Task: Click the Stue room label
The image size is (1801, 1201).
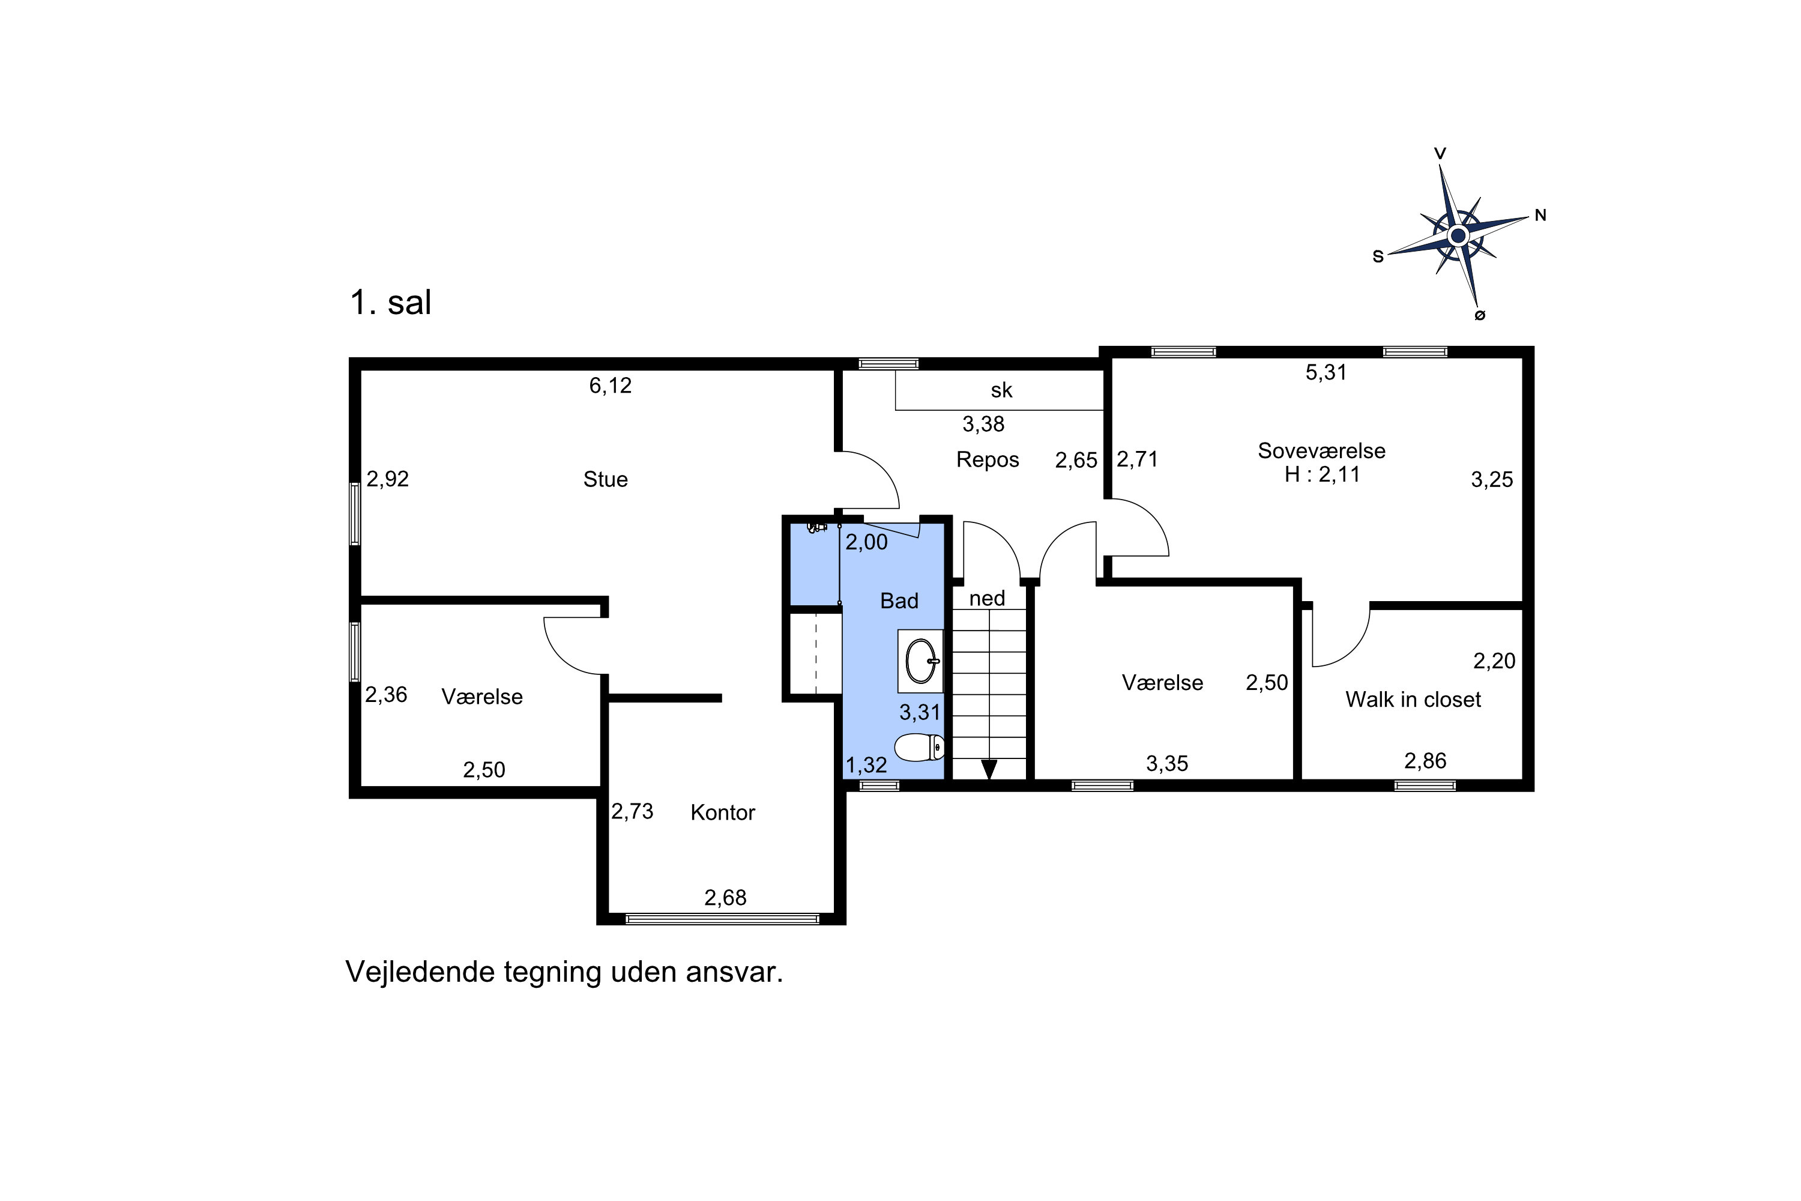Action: pos(605,479)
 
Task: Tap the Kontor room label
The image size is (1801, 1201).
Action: pos(722,812)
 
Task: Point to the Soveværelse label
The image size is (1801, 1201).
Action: pos(1322,450)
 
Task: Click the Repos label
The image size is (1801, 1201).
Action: pos(988,459)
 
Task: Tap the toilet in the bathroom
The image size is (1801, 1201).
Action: pos(919,747)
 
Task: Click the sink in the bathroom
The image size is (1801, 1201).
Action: pos(921,660)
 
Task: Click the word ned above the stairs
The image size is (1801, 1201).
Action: pos(987,598)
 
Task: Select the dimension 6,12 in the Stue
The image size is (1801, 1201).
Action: pos(611,386)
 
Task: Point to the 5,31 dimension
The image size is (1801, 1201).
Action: pos(1326,372)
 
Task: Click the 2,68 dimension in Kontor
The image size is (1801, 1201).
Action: pos(725,898)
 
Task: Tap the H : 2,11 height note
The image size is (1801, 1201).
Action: pos(1323,474)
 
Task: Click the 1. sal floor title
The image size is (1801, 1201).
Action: pos(391,303)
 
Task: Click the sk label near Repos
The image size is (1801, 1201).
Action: pos(1001,391)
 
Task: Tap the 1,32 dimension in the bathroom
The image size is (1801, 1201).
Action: pos(866,765)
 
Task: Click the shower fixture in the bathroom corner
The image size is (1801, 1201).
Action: pos(817,527)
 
